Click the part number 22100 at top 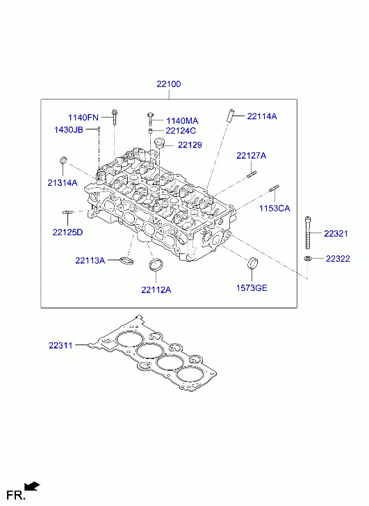(x=169, y=84)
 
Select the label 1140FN (x=83, y=117)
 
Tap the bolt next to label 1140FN (x=114, y=117)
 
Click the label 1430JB (x=69, y=129)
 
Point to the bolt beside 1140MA (x=151, y=119)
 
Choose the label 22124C (x=181, y=131)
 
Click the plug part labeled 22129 (x=160, y=143)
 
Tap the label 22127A (x=252, y=155)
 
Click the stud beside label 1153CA (x=274, y=188)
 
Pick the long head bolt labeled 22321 (x=308, y=232)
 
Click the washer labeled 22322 (x=307, y=258)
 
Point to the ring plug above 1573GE (x=252, y=263)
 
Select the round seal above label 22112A (x=156, y=264)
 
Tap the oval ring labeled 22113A (x=126, y=260)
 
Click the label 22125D (x=67, y=232)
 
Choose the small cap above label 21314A (x=63, y=160)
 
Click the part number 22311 (x=60, y=345)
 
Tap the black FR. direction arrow (x=32, y=486)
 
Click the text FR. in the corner (x=16, y=496)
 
